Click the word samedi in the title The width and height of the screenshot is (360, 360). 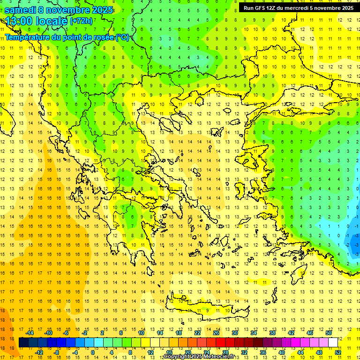(21, 10)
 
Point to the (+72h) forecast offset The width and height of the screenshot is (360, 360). (82, 21)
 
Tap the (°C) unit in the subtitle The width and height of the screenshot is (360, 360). (122, 37)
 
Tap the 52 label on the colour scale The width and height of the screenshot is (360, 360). (338, 352)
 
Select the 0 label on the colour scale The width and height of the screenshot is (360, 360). (92, 352)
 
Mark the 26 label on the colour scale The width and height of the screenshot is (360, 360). (216, 333)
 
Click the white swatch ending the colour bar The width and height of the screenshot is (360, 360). (333, 343)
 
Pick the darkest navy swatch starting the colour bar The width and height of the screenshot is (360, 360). (23, 343)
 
